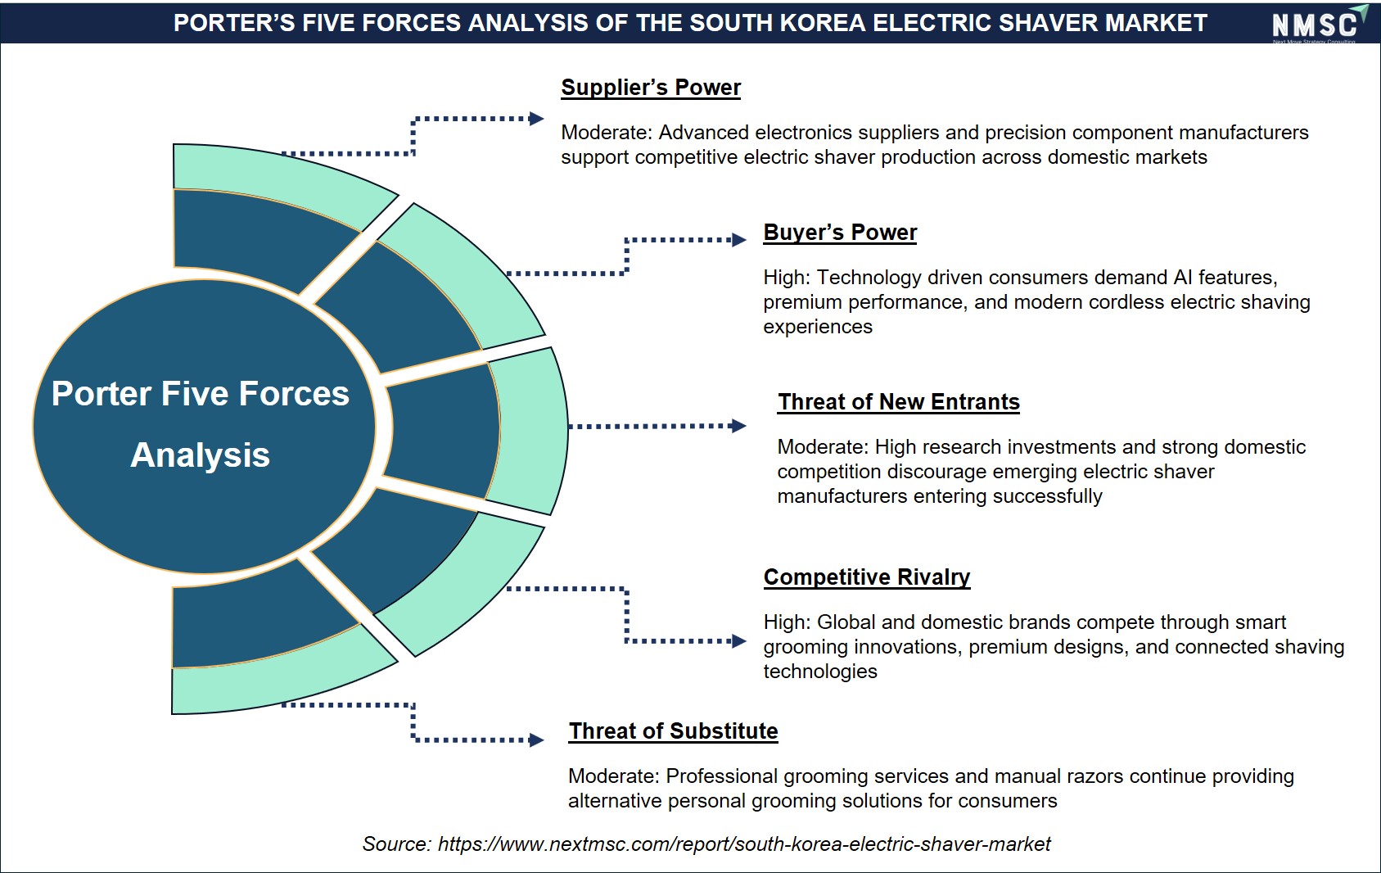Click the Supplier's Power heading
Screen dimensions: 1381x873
click(x=651, y=88)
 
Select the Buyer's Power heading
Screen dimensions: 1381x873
click(x=840, y=233)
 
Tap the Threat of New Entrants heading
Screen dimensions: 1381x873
click(x=898, y=402)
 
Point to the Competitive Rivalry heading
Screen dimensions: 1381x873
click(x=867, y=577)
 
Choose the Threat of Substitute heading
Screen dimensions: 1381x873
click(x=673, y=731)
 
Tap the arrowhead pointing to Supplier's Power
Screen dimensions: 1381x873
click(x=536, y=119)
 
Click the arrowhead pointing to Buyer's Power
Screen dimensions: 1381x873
click(x=739, y=240)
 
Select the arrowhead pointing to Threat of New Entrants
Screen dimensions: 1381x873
click(x=739, y=426)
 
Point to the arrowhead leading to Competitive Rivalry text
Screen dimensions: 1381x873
click(x=739, y=641)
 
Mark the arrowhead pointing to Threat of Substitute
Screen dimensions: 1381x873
click(x=536, y=740)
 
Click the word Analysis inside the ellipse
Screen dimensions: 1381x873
click(x=201, y=456)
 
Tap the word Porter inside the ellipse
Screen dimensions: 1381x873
click(x=102, y=394)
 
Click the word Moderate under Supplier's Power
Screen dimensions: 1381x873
click(x=606, y=133)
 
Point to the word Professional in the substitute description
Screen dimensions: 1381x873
click(x=724, y=776)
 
